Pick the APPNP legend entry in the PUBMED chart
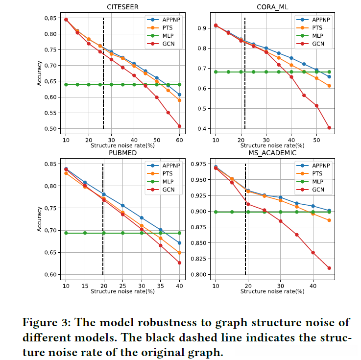[x=169, y=166]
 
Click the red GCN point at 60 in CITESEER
[x=179, y=126]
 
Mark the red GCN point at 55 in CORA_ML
[x=329, y=128]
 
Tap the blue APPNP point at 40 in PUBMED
[x=179, y=243]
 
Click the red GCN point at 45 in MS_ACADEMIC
[x=329, y=268]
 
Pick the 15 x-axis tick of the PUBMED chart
[x=85, y=285]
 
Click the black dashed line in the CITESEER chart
[x=103, y=73]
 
